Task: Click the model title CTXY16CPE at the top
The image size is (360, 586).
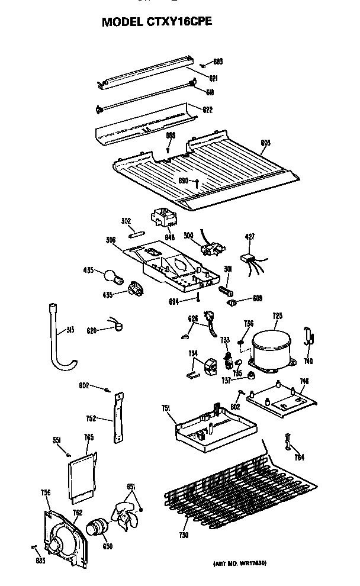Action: coord(156,22)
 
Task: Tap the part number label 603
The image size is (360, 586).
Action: coord(265,143)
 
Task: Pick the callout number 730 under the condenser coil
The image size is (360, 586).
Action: coord(184,535)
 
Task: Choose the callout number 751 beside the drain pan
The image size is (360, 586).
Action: coord(166,408)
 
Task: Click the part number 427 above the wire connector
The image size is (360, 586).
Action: coord(249,237)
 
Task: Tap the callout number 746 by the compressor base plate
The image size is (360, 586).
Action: coord(304,381)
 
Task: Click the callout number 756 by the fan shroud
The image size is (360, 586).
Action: coord(45,492)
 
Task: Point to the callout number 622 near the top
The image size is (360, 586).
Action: coord(207,110)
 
